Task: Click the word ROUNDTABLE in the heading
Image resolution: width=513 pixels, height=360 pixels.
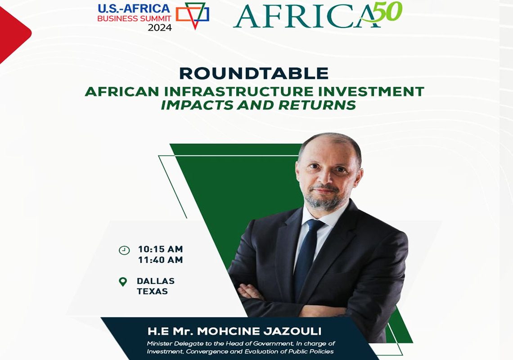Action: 253,73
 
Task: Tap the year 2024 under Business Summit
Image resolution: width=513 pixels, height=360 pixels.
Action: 159,28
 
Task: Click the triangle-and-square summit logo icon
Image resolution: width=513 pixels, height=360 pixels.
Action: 193,15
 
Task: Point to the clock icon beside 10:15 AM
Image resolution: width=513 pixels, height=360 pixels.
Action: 124,250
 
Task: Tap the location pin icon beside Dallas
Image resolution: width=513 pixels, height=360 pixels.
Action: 123,282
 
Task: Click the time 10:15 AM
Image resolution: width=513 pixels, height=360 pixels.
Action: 160,249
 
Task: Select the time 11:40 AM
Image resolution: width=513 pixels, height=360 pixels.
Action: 160,260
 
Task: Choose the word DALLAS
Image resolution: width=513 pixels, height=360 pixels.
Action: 156,281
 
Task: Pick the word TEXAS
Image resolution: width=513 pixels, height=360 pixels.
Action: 153,291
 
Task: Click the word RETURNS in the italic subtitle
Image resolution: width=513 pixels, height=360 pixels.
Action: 317,105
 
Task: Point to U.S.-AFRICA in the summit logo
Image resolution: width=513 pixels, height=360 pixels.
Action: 134,8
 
